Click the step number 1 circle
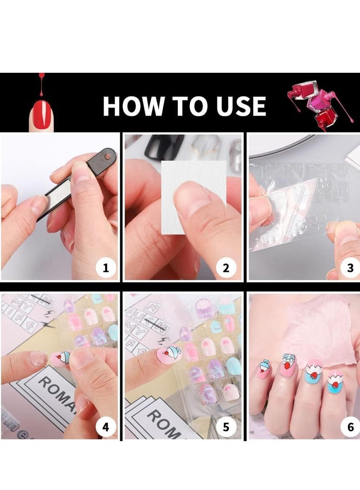[x=106, y=268]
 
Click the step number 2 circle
[x=226, y=268]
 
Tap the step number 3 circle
[x=350, y=268]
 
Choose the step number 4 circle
[x=106, y=427]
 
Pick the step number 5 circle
[x=226, y=427]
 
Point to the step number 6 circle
[x=350, y=427]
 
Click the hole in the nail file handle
[x=108, y=157]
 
